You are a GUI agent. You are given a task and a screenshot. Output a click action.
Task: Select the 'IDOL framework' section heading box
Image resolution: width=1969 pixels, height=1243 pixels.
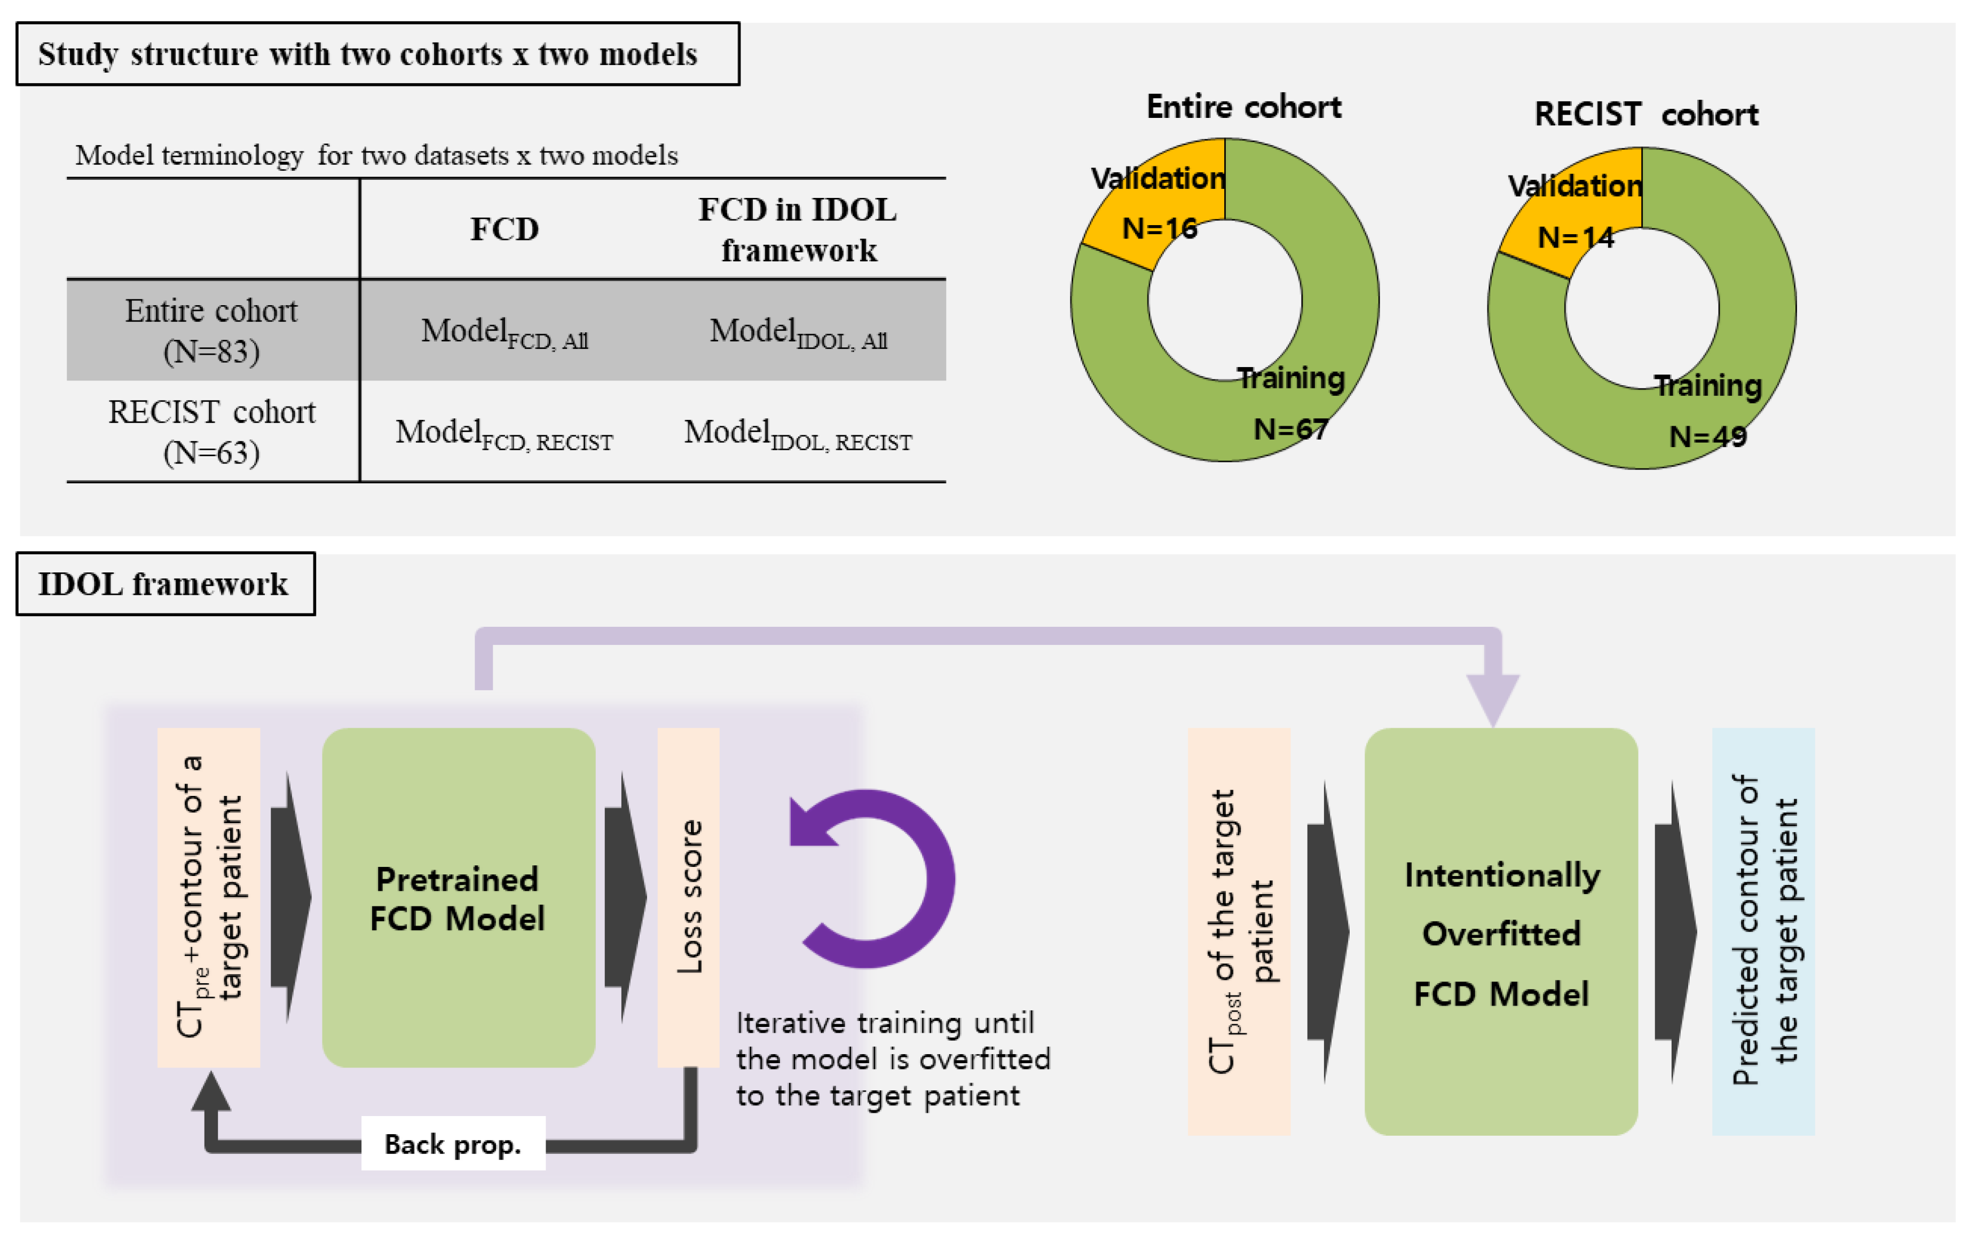pyautogui.click(x=165, y=584)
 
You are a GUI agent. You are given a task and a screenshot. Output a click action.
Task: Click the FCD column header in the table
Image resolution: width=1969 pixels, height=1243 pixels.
pyautogui.click(x=505, y=229)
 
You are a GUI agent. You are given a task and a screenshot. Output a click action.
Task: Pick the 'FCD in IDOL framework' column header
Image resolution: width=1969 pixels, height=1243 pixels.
pyautogui.click(x=798, y=229)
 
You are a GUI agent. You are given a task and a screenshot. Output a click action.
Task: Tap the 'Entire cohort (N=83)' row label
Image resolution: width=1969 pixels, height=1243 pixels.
pyautogui.click(x=211, y=330)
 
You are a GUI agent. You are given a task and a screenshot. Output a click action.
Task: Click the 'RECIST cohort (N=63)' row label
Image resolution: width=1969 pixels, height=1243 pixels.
pyautogui.click(x=211, y=432)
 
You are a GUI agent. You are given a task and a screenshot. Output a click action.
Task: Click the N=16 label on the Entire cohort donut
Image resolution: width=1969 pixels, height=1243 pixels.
pyautogui.click(x=1160, y=228)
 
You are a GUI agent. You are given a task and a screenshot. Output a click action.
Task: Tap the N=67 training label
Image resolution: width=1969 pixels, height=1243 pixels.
pyautogui.click(x=1290, y=428)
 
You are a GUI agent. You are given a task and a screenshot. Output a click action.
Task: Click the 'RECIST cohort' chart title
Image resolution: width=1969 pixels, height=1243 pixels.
pyautogui.click(x=1646, y=114)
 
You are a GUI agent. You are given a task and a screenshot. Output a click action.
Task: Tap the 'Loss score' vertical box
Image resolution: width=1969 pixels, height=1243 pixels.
pyautogui.click(x=689, y=897)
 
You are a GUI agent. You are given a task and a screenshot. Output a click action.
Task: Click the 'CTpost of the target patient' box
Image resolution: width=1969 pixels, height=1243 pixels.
pyautogui.click(x=1239, y=931)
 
